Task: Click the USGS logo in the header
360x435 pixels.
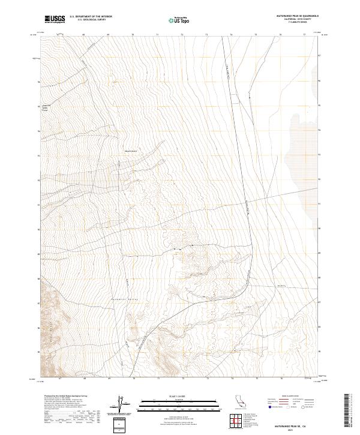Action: tap(55, 20)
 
